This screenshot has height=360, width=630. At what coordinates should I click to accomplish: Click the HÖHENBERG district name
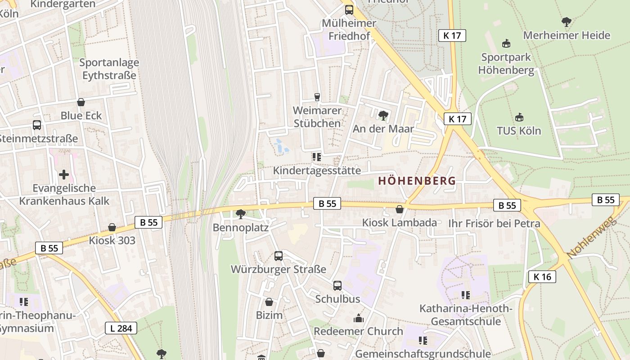(417, 181)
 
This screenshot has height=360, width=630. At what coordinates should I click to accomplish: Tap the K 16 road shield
(542, 277)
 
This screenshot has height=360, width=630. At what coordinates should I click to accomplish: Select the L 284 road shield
(121, 328)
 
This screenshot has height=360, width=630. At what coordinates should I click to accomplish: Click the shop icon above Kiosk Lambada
(399, 209)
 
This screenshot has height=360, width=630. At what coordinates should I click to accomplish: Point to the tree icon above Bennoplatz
(241, 214)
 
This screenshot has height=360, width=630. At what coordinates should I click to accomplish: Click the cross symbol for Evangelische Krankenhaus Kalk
(64, 174)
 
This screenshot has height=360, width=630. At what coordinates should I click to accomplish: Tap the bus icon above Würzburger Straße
(279, 256)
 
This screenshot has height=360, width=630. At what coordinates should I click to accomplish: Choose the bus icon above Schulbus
(337, 285)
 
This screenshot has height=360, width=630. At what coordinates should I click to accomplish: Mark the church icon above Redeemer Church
(359, 318)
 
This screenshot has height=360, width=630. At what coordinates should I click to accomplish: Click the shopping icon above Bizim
(269, 301)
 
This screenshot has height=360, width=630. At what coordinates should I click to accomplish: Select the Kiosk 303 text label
(112, 240)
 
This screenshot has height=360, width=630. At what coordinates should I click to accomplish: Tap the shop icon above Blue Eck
(81, 102)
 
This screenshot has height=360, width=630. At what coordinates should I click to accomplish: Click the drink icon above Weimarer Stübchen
(317, 97)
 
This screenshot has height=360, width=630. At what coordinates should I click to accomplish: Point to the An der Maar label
(383, 129)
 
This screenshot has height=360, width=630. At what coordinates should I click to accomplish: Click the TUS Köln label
(519, 130)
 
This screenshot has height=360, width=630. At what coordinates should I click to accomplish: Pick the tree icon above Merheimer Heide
(567, 22)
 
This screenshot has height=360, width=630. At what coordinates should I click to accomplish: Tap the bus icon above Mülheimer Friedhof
(349, 9)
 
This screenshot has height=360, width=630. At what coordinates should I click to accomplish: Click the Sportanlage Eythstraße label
(109, 69)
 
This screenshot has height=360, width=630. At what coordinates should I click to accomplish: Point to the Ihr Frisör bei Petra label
(494, 223)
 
